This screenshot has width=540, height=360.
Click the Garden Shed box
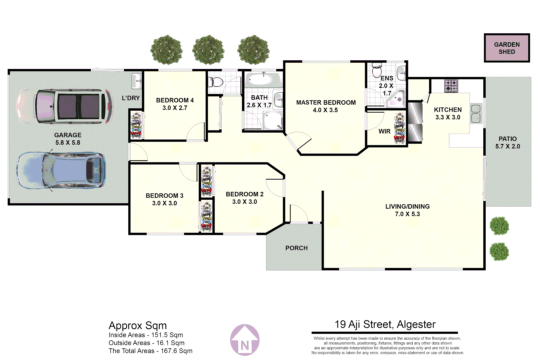(x=507, y=48)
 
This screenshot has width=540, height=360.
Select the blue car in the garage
(x=62, y=170)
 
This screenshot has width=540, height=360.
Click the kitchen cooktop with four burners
(x=451, y=86)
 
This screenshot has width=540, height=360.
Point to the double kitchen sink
(x=476, y=113)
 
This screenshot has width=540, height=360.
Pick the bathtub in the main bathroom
(x=262, y=80)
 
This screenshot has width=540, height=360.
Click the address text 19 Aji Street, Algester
(x=385, y=324)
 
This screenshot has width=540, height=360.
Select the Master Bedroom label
(x=326, y=103)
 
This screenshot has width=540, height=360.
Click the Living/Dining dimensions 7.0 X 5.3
(x=407, y=214)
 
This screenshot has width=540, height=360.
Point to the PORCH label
(x=296, y=248)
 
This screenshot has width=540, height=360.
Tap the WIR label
(x=384, y=131)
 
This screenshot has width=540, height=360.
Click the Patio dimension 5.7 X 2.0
(x=507, y=146)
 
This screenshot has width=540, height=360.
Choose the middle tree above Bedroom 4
(x=208, y=50)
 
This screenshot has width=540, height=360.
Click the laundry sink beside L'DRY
(x=137, y=81)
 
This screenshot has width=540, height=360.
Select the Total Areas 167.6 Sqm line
(x=150, y=351)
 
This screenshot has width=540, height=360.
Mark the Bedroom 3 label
(x=164, y=196)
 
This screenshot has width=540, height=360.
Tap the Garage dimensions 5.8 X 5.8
(x=68, y=143)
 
